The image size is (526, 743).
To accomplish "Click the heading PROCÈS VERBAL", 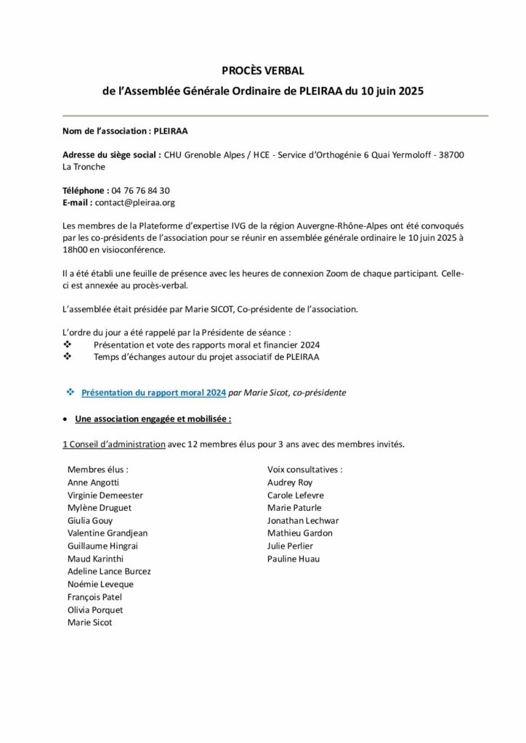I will pyautogui.click(x=262, y=70).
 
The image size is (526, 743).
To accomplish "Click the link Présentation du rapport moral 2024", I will pyautogui.click(x=153, y=393).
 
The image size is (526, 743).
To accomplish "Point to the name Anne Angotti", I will pyautogui.click(x=93, y=482).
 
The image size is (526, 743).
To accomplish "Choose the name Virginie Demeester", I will pyautogui.click(x=105, y=495).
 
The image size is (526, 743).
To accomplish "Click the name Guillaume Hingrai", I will pyautogui.click(x=102, y=546).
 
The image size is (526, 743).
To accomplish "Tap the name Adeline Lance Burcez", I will pyautogui.click(x=109, y=571).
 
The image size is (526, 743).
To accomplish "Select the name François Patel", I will pyautogui.click(x=94, y=596).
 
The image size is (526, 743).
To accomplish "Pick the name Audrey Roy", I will pyautogui.click(x=290, y=482).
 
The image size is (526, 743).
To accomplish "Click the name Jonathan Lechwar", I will pyautogui.click(x=303, y=520).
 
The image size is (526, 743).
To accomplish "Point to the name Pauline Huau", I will pyautogui.click(x=294, y=559).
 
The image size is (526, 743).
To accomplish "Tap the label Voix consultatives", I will pyautogui.click(x=305, y=469).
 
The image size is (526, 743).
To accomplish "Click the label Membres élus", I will pyautogui.click(x=97, y=469).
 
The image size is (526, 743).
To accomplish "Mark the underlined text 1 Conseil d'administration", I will pyautogui.click(x=114, y=444).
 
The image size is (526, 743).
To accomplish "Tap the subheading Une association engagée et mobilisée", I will pyautogui.click(x=153, y=419).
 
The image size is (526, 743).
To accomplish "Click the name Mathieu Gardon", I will pyautogui.click(x=300, y=533).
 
